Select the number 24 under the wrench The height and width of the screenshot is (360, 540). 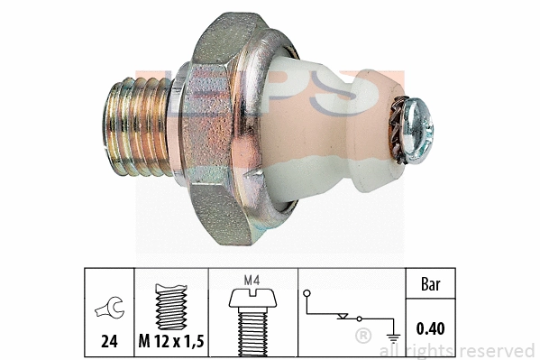[107, 342]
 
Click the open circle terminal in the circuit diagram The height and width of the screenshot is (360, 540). [307, 294]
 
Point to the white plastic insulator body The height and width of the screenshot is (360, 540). [325, 135]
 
